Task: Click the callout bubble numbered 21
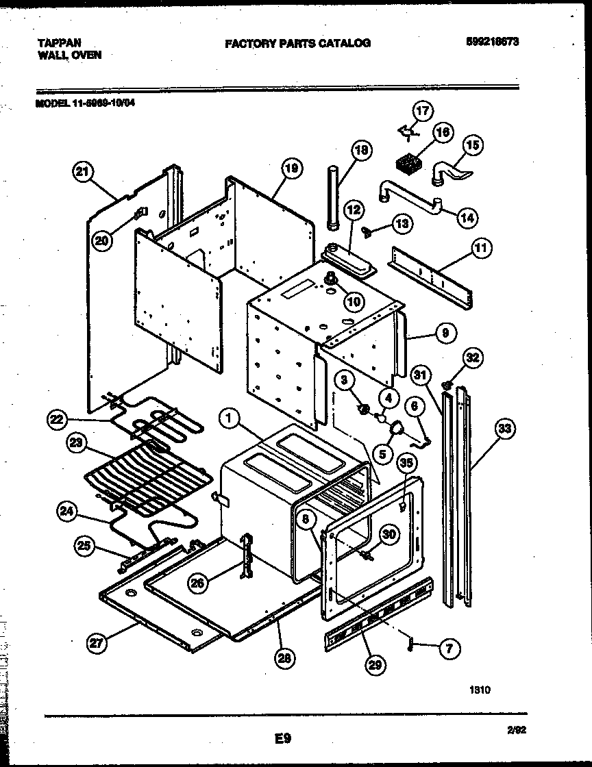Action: (82, 173)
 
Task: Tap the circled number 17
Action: (423, 110)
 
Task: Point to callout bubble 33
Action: (504, 429)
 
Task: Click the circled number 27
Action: (98, 642)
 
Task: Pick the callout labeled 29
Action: (375, 664)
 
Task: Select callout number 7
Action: (449, 649)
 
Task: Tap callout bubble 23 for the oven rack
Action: (76, 444)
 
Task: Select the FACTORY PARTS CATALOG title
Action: (297, 43)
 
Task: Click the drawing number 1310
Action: (480, 690)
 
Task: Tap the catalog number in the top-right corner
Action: (489, 42)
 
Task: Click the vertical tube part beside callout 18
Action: (334, 199)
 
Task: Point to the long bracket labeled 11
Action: (430, 275)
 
